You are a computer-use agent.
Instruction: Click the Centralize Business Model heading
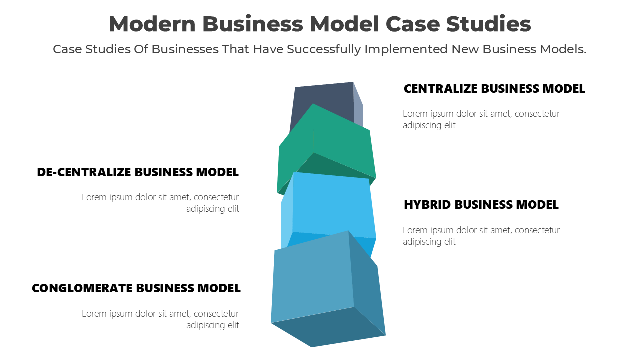[494, 89]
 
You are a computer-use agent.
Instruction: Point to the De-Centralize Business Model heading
[138, 172]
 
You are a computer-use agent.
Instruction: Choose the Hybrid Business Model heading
[481, 205]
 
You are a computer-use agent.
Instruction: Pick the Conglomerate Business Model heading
[136, 288]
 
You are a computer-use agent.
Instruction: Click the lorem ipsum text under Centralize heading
[481, 119]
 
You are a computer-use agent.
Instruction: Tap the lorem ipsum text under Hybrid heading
[481, 236]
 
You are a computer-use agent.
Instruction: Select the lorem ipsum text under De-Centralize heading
[161, 203]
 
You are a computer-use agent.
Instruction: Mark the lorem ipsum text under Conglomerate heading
[161, 319]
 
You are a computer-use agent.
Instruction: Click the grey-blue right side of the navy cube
[358, 107]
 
